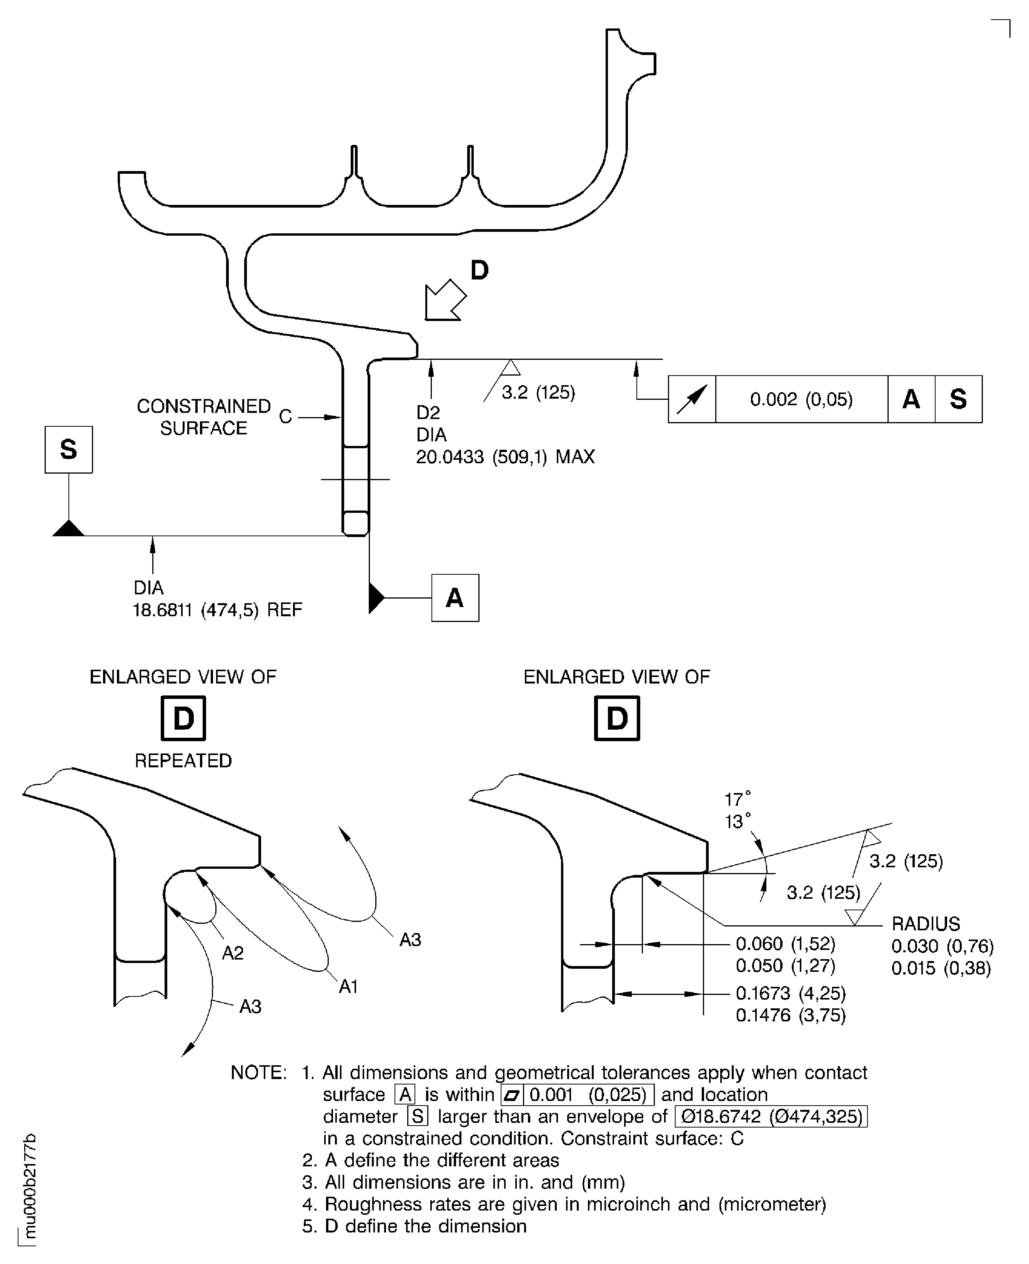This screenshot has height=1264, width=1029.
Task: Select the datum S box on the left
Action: (69, 449)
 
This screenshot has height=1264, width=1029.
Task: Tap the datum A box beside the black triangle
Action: (455, 597)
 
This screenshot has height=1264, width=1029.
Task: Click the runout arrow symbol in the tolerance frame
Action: (692, 399)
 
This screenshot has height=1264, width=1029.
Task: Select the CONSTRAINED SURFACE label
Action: (203, 417)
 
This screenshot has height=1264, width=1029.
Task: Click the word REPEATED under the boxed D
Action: (183, 760)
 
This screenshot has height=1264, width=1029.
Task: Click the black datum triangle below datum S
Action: (69, 529)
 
